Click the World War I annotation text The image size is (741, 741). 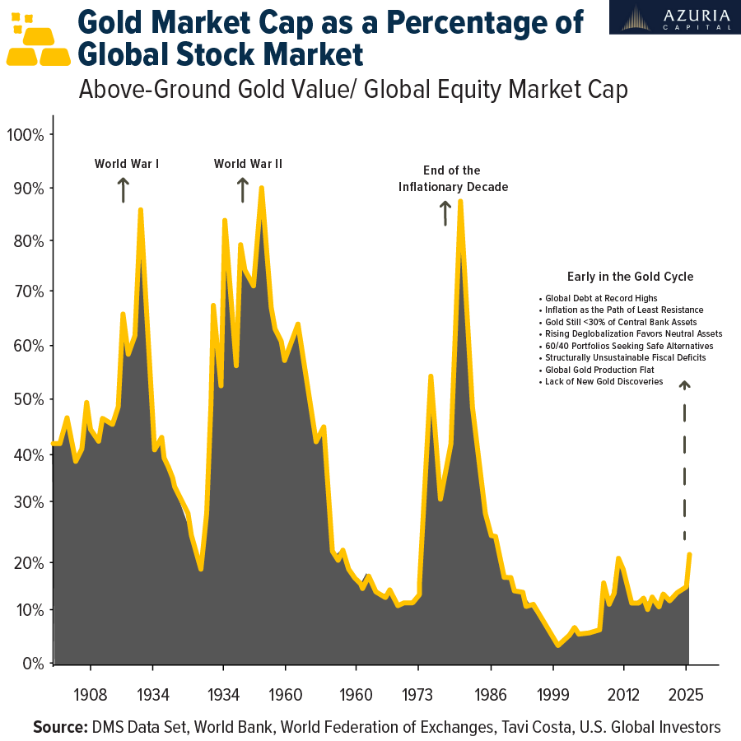[127, 164]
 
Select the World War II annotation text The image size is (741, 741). [248, 164]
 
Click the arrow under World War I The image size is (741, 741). [123, 190]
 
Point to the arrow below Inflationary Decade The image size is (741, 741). [445, 213]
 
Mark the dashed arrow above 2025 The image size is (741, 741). [684, 461]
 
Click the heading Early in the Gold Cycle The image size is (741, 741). [631, 277]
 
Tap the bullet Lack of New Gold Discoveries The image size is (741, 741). [604, 382]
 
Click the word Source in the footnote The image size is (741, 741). [60, 727]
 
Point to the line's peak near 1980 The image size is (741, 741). [460, 201]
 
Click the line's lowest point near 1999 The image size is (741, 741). [558, 645]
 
